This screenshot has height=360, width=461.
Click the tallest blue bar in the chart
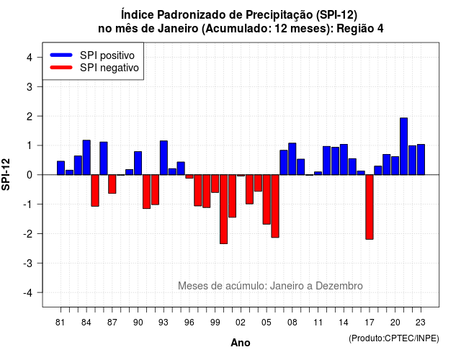403,146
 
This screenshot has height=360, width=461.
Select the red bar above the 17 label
370,207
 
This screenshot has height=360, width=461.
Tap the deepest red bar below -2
223,210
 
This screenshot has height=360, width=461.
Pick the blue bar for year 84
86,158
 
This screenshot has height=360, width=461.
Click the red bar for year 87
112,184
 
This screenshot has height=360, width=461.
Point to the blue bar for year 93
164,158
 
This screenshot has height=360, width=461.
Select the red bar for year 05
267,199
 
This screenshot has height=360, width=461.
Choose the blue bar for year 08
292,159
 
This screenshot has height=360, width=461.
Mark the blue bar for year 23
421,160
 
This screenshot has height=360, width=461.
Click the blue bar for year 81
61,168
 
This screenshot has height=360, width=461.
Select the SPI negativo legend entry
94,68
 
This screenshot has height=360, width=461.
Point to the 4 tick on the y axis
30,58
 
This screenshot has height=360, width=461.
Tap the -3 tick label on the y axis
28,264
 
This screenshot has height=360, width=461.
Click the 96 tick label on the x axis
189,323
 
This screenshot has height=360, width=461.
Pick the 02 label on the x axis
241,323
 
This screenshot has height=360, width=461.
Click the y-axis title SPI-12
6,174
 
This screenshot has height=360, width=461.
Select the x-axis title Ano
241,343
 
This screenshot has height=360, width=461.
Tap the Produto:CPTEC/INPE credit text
394,338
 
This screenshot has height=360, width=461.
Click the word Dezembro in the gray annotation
339,286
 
